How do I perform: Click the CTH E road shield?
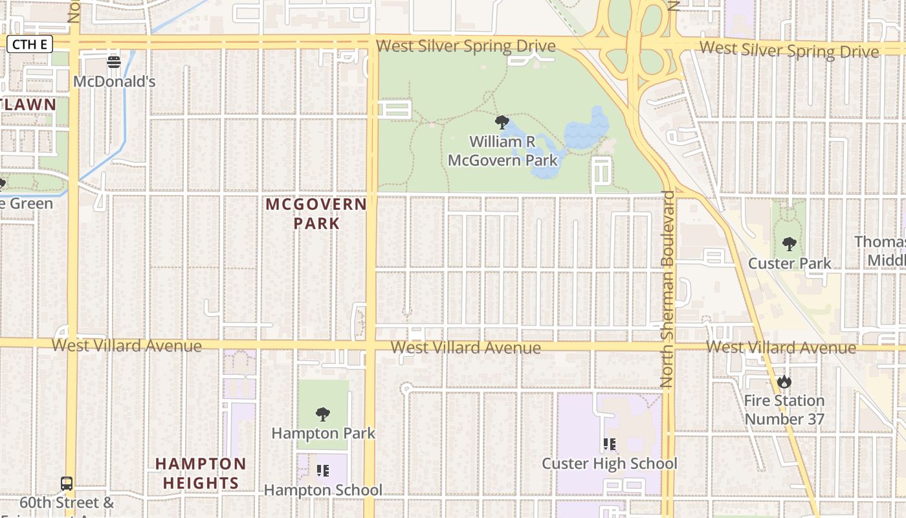click(x=29, y=44)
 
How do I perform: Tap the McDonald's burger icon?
click(x=114, y=62)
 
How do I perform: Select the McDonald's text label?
click(x=114, y=82)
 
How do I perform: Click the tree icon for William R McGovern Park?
click(x=502, y=122)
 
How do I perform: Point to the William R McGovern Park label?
click(x=503, y=151)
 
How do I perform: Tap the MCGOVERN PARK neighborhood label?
click(x=316, y=214)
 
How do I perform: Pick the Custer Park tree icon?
click(x=789, y=244)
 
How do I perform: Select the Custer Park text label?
click(x=790, y=264)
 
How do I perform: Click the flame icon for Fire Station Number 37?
click(x=784, y=381)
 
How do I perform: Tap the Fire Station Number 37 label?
click(x=784, y=410)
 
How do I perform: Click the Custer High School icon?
click(x=609, y=444)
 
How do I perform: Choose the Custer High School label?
click(x=609, y=464)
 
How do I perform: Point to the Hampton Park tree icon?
click(x=322, y=414)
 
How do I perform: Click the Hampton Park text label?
click(x=323, y=433)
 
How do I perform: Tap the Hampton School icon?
click(x=323, y=471)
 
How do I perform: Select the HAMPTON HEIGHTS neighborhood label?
click(x=201, y=473)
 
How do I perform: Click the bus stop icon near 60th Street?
click(x=67, y=483)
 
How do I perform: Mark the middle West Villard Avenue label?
click(x=465, y=348)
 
